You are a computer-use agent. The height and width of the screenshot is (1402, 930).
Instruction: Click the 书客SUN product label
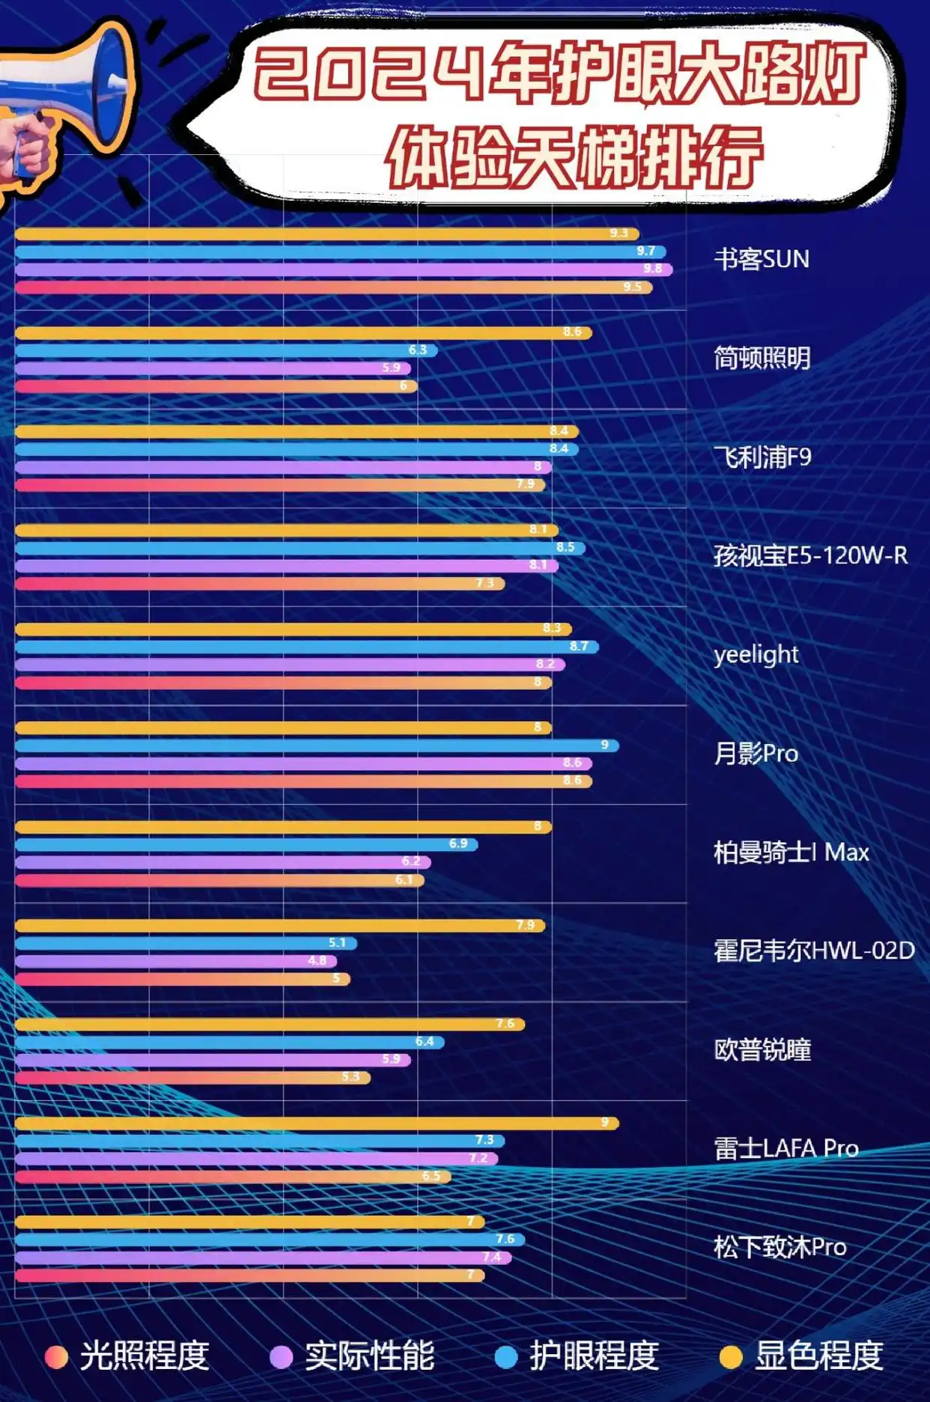761,260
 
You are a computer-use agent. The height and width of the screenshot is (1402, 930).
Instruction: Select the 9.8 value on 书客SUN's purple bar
652,269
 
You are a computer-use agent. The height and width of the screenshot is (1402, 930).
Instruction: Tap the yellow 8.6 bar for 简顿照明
300,332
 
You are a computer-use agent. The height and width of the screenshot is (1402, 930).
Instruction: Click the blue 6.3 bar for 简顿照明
225,350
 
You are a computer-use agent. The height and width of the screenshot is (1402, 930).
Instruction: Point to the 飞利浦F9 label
762,457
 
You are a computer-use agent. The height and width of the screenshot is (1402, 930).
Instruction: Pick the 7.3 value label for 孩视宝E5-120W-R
484,583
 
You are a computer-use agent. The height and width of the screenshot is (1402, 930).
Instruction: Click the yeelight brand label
756,655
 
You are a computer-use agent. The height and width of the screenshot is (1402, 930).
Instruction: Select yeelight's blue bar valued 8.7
300,647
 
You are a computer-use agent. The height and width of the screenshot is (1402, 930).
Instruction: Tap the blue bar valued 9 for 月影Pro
314,746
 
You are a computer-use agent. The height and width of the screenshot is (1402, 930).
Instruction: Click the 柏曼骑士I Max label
791,852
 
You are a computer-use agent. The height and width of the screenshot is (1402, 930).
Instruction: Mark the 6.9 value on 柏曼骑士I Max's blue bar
458,844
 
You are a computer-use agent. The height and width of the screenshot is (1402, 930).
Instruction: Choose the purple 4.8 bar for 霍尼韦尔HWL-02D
172,961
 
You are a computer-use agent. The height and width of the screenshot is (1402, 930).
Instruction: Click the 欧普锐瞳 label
762,1049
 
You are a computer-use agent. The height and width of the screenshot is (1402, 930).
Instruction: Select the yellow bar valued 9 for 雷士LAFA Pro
314,1123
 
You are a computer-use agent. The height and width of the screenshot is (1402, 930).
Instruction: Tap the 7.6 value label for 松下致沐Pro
505,1239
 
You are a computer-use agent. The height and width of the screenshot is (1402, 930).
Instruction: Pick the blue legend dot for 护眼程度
506,1357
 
